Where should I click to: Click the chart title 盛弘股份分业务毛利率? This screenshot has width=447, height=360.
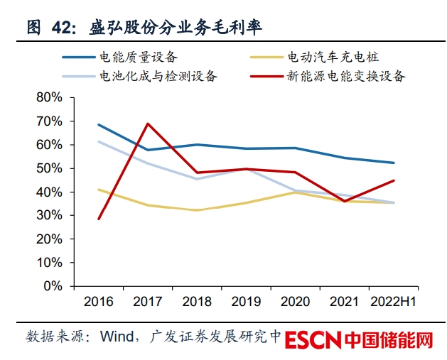tap(174, 27)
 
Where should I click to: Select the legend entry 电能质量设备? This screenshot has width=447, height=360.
tap(139, 56)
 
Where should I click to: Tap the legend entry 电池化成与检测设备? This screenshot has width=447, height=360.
tap(158, 76)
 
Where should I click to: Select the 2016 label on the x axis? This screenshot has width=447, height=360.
tap(99, 302)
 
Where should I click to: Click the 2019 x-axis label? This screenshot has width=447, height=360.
tap(246, 302)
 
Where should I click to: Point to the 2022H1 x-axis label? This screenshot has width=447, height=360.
tap(394, 302)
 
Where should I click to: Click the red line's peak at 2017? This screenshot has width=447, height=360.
tap(148, 124)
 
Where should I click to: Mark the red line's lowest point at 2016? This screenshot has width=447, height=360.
tap(99, 219)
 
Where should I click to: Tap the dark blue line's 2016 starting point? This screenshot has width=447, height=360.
tap(99, 125)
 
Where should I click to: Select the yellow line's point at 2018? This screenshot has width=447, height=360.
tap(197, 210)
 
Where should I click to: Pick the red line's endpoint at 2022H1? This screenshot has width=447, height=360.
tap(394, 180)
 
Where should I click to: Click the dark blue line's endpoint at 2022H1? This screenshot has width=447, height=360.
tap(394, 163)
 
